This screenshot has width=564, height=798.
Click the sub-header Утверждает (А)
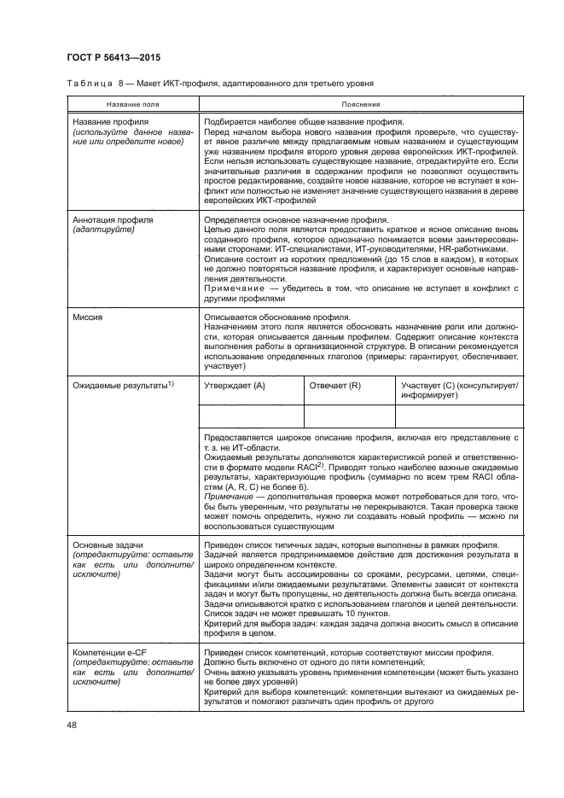click(235, 386)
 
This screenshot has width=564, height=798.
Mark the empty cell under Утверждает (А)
click(251, 416)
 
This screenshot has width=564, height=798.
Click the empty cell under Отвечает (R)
click(349, 416)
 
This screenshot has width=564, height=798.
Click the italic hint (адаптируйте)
click(102, 229)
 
